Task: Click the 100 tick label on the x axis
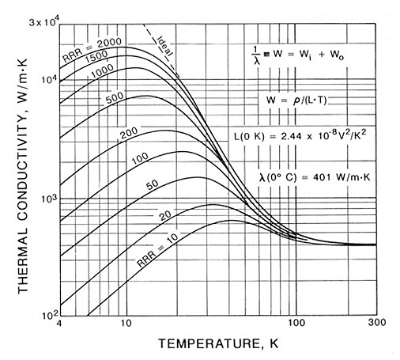tap(295, 324)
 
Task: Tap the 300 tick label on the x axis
tap(375, 324)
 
